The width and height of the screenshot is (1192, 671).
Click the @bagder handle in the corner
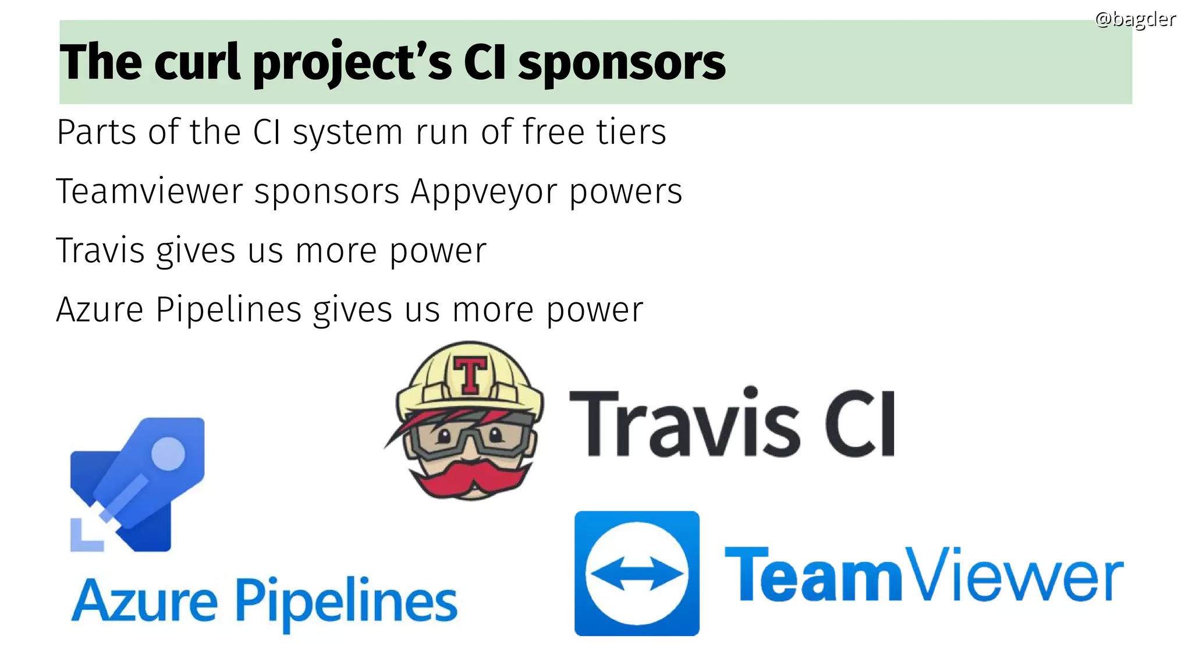[1135, 19]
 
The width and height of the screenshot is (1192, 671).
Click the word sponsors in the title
[622, 63]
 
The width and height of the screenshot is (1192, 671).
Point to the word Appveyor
[484, 192]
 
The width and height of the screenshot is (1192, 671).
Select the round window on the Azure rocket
[168, 454]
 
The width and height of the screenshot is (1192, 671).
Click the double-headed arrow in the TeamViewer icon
[637, 573]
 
